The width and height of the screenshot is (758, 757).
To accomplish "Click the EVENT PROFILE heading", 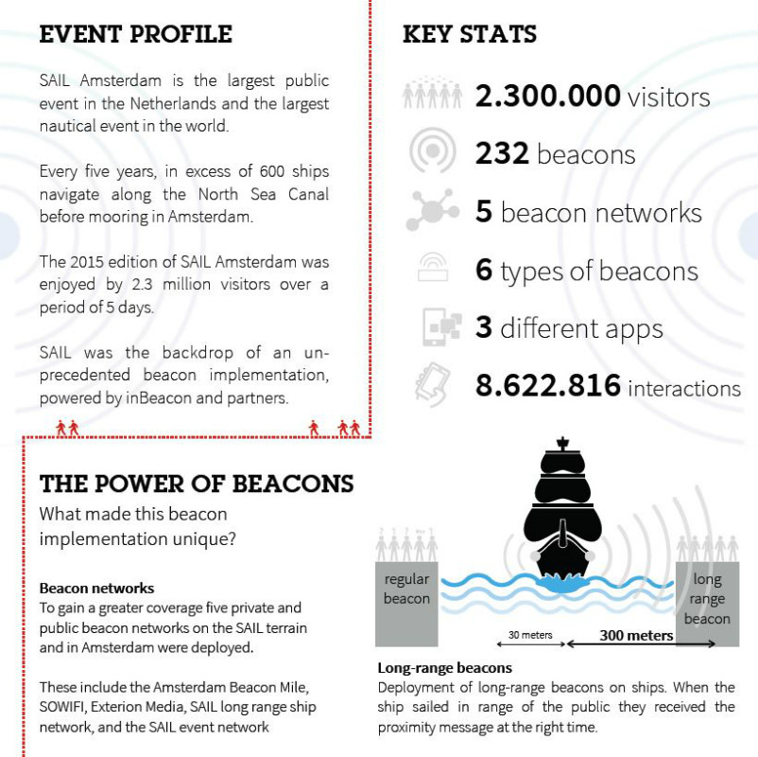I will tap(135, 35).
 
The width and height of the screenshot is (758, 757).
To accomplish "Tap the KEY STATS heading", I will tap(469, 35).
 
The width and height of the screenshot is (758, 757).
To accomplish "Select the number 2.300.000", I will tap(548, 96).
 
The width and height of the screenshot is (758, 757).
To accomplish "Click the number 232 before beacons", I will tap(502, 154).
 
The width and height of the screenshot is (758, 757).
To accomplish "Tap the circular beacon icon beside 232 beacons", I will tap(433, 153).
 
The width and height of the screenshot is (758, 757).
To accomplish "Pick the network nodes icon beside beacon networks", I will tap(433, 211).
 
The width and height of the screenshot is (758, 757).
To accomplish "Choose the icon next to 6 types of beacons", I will tap(433, 271).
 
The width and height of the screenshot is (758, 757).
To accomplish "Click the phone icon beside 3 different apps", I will tap(439, 328).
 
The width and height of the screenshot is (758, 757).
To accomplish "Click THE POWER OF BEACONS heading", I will tap(197, 484).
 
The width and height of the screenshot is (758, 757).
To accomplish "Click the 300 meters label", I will tap(636, 635).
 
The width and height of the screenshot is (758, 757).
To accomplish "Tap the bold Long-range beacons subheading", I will tap(444, 667).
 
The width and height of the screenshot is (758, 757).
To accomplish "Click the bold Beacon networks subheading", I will tap(96, 588).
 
